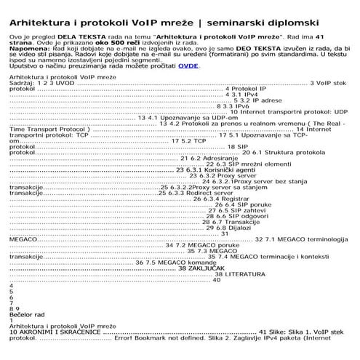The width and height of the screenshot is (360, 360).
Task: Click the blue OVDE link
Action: pyautogui.click(x=188, y=65)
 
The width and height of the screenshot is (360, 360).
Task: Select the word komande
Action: pyautogui.click(x=191, y=262)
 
